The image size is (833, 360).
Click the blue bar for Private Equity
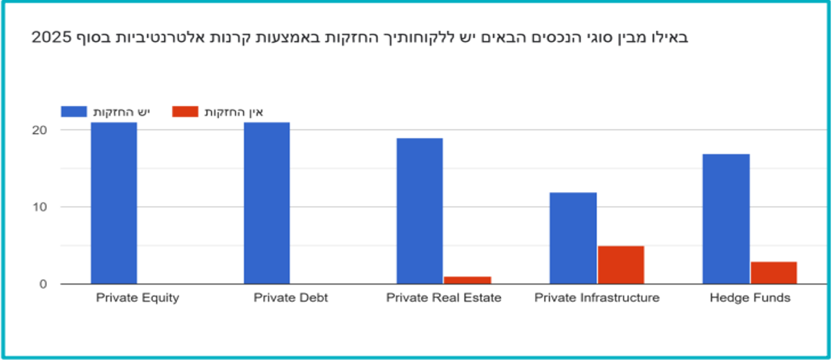[x=113, y=203]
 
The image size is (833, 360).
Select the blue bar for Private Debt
[x=267, y=203]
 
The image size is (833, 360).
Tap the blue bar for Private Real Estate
[x=420, y=211]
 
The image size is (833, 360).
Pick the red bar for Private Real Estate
[x=467, y=280]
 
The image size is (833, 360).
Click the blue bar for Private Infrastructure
[x=573, y=238]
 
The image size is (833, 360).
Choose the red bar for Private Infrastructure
[x=621, y=265]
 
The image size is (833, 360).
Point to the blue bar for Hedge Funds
[x=726, y=218]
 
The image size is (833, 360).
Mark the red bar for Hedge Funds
[x=774, y=272]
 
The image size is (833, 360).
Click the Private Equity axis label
[x=138, y=298]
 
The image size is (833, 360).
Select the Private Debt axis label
[x=290, y=298]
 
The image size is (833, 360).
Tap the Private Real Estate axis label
[x=444, y=298]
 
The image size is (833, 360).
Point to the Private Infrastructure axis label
[x=597, y=298]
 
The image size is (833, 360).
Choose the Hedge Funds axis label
[x=750, y=298]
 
